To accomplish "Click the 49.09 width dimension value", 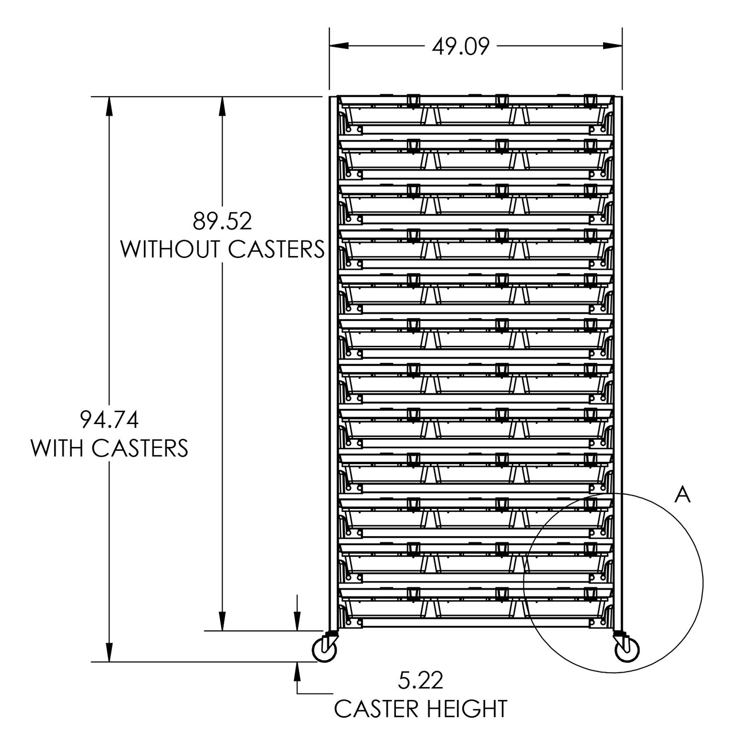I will [x=461, y=46].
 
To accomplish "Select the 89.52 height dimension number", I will [x=223, y=222].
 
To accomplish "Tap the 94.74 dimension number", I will [x=109, y=420].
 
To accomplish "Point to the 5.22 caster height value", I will [x=420, y=681].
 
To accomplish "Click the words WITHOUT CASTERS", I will [x=223, y=249].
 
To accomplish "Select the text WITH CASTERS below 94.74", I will [x=110, y=448].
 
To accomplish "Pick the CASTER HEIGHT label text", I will [x=421, y=708].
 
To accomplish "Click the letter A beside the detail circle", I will [x=683, y=495].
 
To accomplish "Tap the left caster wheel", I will [x=325, y=649].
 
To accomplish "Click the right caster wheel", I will [x=627, y=649].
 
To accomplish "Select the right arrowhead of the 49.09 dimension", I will [x=614, y=46].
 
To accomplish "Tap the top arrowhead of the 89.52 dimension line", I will [x=223, y=105].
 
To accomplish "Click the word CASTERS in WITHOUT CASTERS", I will [x=276, y=249].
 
